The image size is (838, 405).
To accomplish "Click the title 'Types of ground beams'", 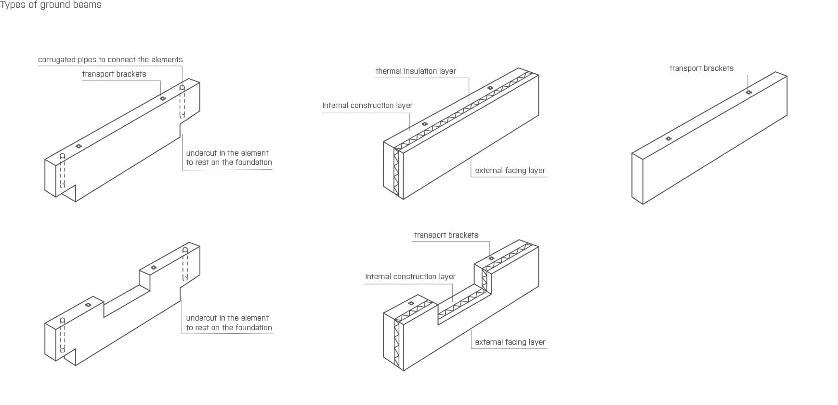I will coord(51,5).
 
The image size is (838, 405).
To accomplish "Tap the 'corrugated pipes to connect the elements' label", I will coord(110,60).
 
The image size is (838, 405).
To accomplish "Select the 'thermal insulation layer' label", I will coord(416,71).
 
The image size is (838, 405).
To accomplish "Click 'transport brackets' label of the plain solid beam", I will coord(701,68).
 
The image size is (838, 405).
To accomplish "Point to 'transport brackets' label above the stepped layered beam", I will coord(446,235).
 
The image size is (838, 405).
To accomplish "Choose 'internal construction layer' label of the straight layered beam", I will coord(367,106).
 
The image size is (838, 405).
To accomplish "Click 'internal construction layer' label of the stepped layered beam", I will coord(410,277).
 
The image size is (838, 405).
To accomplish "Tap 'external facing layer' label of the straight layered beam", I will coord(510,171).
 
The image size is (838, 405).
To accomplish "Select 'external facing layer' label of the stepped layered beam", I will coord(510,342).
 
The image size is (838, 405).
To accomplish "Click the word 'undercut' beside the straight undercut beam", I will coord(201,153).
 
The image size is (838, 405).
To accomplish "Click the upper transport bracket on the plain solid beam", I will coord(748,92).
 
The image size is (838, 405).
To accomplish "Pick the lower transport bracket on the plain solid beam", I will coord(668,139).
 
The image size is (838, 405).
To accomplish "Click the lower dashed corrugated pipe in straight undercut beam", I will coord(62,171).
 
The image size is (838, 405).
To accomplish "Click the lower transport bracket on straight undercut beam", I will coord(79,146).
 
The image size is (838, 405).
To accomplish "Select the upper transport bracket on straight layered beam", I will coord(490,88).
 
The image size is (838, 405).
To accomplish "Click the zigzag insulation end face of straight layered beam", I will coord(397,171).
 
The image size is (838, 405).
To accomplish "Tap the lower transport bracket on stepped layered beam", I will coord(411,303).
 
